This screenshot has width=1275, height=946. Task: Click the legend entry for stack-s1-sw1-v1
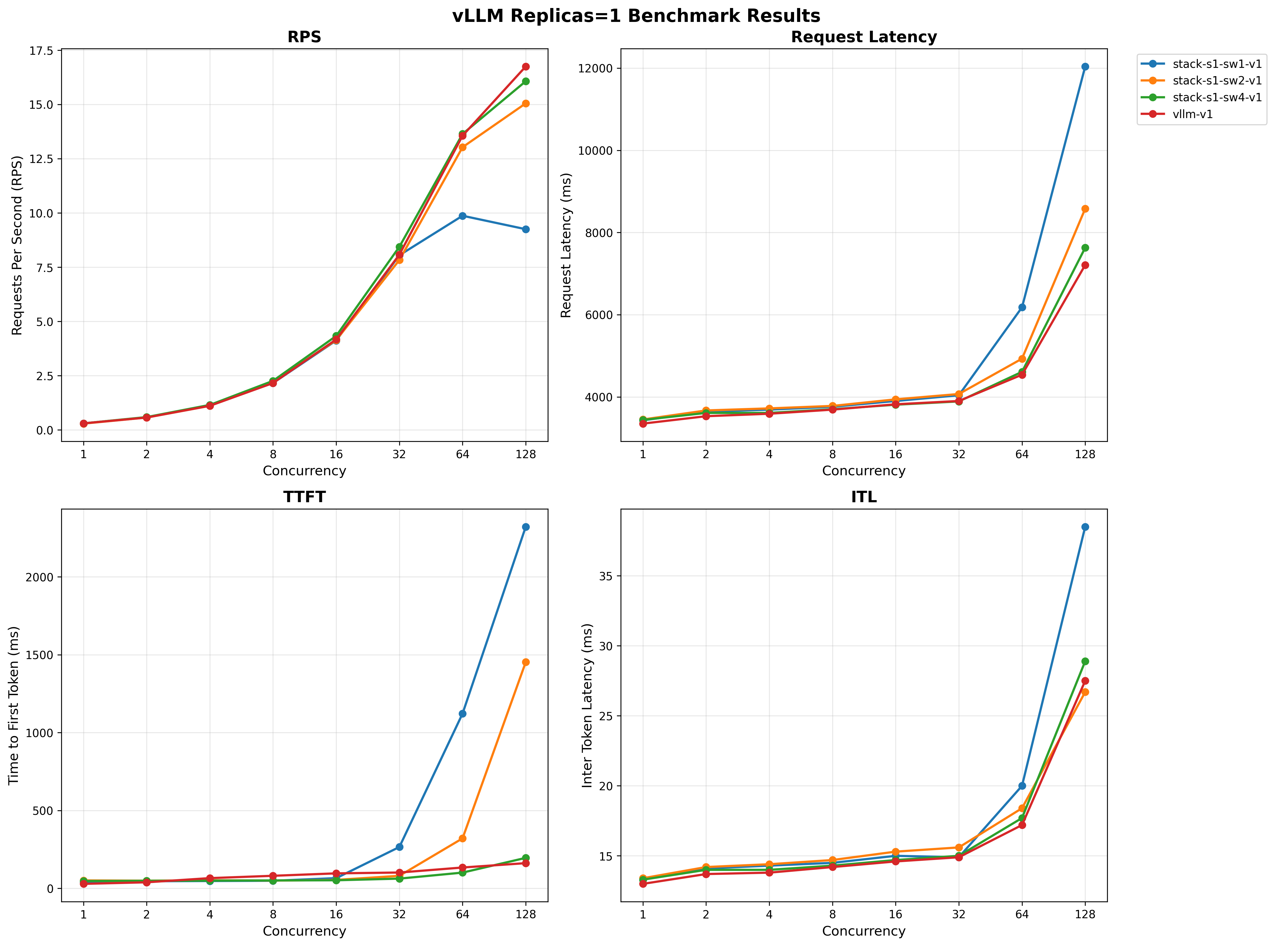[1217, 64]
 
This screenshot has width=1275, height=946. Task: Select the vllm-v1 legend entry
[1192, 114]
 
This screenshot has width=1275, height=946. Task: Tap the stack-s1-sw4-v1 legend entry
[1217, 97]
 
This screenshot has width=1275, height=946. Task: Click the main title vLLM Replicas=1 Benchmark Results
[636, 15]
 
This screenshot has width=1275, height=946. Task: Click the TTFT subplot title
[304, 497]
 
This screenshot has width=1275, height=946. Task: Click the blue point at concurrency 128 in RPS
[525, 229]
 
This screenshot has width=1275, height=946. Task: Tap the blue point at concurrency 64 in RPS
[462, 216]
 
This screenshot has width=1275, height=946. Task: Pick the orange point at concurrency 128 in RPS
[525, 104]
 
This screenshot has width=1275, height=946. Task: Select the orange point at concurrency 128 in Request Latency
[1084, 209]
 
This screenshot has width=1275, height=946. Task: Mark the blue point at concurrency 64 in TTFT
[462, 714]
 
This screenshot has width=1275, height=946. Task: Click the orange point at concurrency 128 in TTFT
[525, 662]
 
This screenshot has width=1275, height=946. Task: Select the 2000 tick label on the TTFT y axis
[40, 577]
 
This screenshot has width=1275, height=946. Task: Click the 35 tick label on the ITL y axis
[605, 576]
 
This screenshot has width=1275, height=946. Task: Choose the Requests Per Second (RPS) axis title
[17, 245]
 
